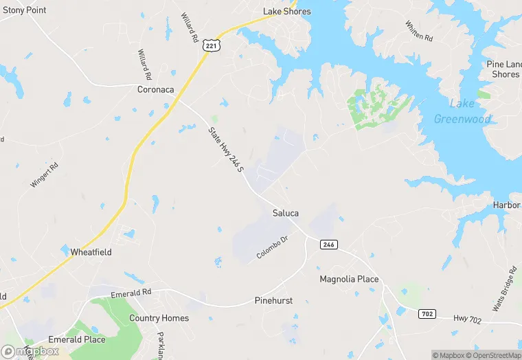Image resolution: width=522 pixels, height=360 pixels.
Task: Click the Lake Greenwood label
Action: coord(462,111)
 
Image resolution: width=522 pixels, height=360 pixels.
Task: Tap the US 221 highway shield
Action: coord(210,45)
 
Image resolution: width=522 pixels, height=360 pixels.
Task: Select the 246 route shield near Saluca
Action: coord(328,245)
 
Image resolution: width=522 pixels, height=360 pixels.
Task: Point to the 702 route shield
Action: coord(427,313)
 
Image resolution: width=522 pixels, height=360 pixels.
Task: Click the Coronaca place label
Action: coord(156,89)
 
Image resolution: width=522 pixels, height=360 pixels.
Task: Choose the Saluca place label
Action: coord(286,213)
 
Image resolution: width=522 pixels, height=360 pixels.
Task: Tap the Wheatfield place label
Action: coord(91,252)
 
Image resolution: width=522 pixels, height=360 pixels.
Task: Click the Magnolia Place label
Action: coord(349,279)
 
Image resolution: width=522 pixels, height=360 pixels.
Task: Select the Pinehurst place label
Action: coord(274,300)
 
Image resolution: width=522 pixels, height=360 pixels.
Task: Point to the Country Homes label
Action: coord(159,318)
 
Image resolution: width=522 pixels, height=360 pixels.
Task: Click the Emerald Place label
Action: coord(77,339)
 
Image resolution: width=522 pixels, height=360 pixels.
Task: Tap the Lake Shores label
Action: coord(287,11)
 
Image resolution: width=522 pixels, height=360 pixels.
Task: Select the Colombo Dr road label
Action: coord(272,247)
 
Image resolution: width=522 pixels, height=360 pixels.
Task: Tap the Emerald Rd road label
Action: coord(130,293)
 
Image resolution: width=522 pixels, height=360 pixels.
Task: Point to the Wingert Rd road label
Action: coord(45,175)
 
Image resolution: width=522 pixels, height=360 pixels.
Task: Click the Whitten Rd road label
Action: coord(419,30)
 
